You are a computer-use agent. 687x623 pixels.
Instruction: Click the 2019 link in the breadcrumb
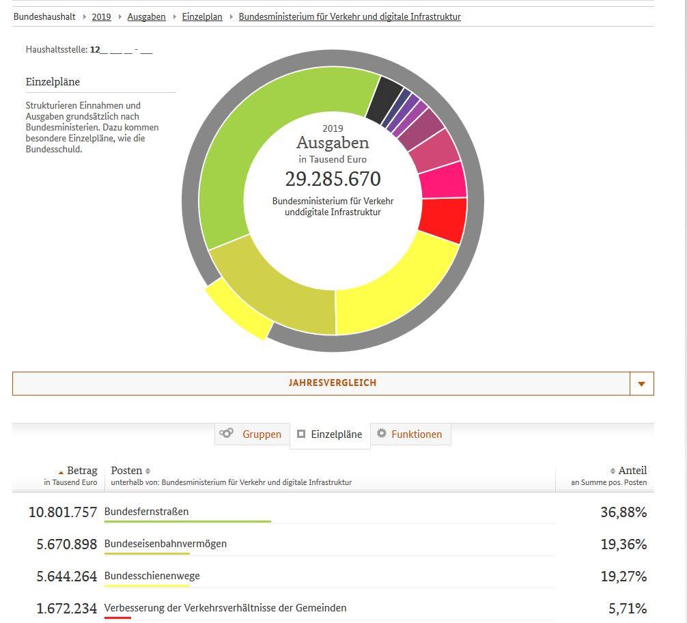pos(101,16)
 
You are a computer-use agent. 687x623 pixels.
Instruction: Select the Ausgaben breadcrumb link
pos(146,16)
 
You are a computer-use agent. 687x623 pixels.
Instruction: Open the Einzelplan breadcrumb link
pos(202,16)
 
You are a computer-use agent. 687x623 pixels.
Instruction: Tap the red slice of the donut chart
pos(443,219)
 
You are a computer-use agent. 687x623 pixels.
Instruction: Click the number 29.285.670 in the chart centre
pos(333,179)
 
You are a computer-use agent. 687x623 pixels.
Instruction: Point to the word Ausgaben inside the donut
pos(333,143)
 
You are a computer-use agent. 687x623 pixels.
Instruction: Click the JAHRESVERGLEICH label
pos(333,383)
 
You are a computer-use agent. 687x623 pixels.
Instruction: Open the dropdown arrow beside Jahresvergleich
pos(641,384)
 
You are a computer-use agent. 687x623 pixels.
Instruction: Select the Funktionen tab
pos(410,434)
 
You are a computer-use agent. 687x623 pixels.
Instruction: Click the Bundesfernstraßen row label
pos(146,512)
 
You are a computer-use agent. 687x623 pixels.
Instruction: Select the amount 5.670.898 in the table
pos(67,544)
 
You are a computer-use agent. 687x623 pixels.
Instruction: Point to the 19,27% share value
pos(623,577)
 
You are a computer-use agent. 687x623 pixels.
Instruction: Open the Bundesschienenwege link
pos(152,576)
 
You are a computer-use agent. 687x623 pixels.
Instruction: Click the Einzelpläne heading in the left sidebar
pos(53,82)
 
